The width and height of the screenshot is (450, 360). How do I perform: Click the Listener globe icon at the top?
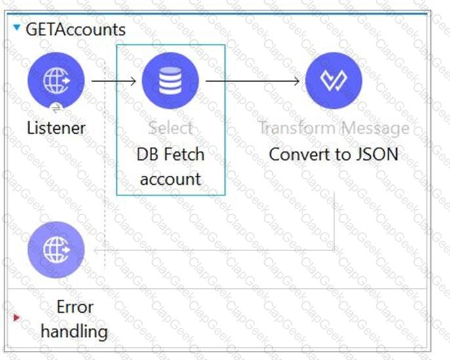(x=56, y=81)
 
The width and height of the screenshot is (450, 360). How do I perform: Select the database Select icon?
(x=171, y=81)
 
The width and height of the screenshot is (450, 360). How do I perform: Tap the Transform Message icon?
(x=334, y=81)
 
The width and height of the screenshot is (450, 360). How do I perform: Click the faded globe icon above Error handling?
(x=56, y=250)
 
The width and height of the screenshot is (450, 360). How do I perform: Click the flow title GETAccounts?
(x=75, y=30)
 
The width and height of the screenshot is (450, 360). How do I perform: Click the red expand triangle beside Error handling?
(x=16, y=318)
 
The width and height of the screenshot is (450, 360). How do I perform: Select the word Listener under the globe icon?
(x=56, y=127)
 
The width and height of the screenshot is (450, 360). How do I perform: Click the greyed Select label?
(x=171, y=128)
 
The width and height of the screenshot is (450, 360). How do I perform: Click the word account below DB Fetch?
(x=171, y=178)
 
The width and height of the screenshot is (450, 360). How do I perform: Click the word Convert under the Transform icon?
(x=298, y=155)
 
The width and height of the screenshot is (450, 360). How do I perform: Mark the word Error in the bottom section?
(x=75, y=307)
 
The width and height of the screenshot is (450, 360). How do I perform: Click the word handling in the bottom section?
(x=74, y=330)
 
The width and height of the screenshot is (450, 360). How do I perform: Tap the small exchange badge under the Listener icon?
(x=56, y=106)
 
